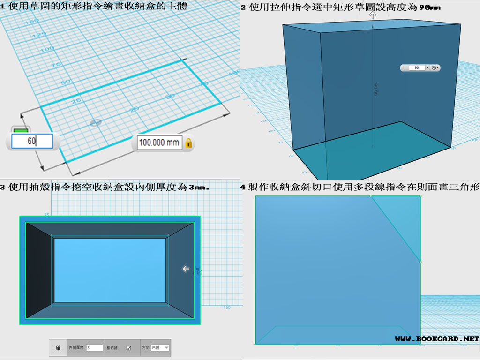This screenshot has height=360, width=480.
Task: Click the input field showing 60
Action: coord(32,141)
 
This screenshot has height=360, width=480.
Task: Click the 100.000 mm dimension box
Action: coord(159,142)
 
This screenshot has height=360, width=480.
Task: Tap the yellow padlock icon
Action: coord(188,142)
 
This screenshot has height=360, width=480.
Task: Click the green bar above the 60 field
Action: coord(20,130)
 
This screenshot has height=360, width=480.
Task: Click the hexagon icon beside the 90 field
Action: coord(434,68)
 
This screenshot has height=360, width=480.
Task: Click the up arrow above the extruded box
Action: coord(373,15)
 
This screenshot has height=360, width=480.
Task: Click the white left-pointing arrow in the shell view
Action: coord(186,269)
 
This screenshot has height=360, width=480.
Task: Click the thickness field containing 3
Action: coord(94,348)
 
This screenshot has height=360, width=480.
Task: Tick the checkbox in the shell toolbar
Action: coord(128,348)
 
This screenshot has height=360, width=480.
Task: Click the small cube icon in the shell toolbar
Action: coord(58,348)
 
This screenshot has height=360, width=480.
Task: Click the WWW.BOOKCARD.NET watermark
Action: coord(436,338)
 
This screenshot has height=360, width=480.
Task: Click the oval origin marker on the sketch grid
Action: coord(96,122)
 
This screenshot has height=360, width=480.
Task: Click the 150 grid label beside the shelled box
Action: coord(227,307)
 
